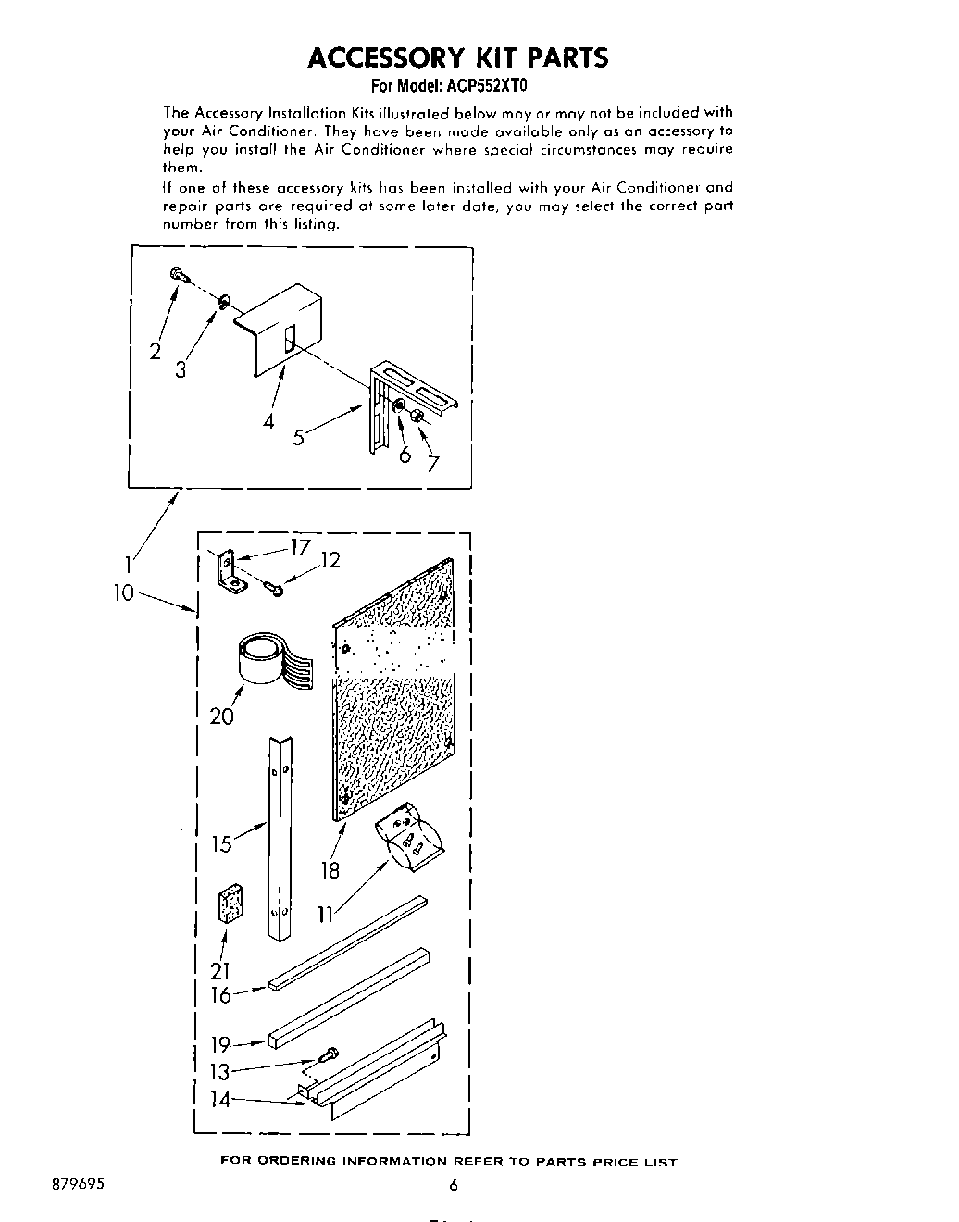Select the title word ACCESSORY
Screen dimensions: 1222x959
tap(385, 58)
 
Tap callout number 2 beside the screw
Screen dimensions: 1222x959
tap(155, 351)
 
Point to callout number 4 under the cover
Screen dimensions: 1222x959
tap(268, 421)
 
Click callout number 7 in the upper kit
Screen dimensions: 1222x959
tap(431, 464)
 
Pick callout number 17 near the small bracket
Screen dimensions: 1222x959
tap(299, 547)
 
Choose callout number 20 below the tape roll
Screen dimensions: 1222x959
tap(222, 716)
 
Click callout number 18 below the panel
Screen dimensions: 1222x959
tap(330, 870)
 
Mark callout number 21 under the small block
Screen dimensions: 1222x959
tap(219, 971)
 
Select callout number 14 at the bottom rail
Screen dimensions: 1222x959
tap(220, 1100)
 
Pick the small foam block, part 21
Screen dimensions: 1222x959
tap(230, 904)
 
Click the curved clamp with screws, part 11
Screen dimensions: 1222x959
tap(409, 838)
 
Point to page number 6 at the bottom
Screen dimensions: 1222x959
tap(454, 1185)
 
